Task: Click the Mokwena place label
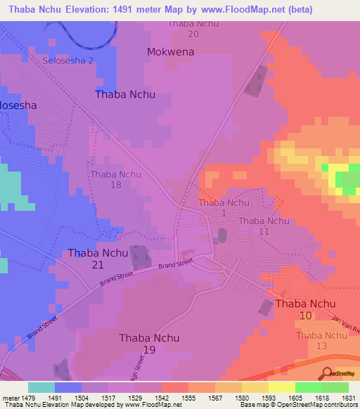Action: click(170, 52)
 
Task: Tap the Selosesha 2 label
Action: click(68, 60)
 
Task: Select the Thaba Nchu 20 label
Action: click(193, 28)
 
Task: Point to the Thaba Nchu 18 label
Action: click(116, 179)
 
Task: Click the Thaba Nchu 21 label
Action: click(98, 259)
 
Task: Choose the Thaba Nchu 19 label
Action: click(149, 344)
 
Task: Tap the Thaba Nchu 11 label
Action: click(264, 226)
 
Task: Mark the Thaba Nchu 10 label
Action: click(305, 310)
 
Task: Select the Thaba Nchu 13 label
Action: click(321, 341)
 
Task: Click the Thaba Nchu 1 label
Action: click(224, 207)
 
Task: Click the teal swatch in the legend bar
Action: click(41, 387)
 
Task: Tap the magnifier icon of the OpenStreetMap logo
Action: click(327, 372)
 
